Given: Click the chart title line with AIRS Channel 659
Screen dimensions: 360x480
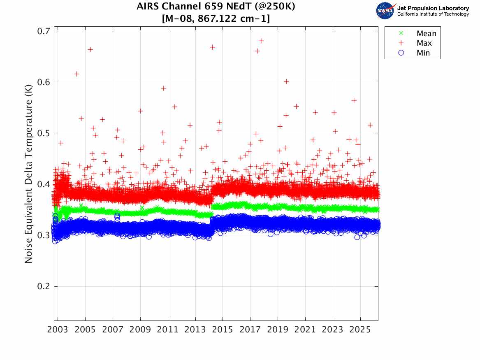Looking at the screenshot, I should (216, 7).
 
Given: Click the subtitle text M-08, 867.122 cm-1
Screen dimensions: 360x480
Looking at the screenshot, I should (216, 19).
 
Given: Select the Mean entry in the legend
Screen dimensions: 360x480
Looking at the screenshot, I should (426, 34).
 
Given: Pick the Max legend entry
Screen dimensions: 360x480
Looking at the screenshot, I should (424, 43).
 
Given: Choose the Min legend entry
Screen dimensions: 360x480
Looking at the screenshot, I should (423, 53).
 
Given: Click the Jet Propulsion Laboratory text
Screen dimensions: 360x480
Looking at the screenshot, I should (433, 8).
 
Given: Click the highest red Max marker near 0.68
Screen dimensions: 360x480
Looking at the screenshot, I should (261, 41).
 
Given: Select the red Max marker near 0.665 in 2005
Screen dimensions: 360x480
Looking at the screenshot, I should (90, 49).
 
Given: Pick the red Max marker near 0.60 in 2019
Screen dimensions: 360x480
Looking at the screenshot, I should (286, 81).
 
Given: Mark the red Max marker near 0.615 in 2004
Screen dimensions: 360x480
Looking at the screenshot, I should (77, 74).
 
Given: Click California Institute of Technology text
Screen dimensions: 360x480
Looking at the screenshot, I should (433, 14).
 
